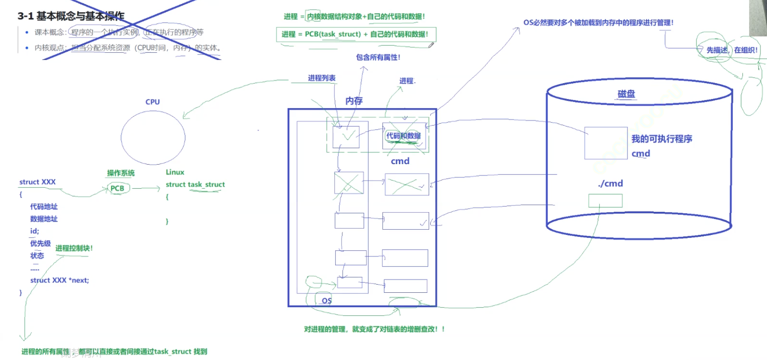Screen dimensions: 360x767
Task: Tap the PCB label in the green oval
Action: tap(117, 189)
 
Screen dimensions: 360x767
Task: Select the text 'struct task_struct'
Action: tap(195, 185)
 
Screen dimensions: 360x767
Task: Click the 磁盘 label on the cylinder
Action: tap(627, 94)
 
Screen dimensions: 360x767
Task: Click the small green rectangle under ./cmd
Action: tap(605, 201)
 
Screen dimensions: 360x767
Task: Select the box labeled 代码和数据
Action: tap(404, 136)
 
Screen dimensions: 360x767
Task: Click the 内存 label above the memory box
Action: tap(354, 101)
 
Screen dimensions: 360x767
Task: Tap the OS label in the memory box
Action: tap(327, 301)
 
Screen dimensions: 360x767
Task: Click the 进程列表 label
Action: tap(321, 78)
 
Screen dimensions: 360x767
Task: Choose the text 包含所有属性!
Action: tap(378, 57)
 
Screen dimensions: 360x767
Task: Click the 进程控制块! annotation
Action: tap(74, 248)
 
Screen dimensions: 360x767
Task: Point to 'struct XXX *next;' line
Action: tap(59, 280)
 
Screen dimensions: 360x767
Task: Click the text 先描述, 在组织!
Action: tap(729, 50)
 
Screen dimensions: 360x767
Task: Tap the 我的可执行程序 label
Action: tap(662, 139)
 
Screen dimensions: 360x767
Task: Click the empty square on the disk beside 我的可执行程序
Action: tap(605, 143)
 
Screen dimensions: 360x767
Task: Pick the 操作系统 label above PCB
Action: tap(120, 173)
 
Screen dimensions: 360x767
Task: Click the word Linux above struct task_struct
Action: tap(175, 172)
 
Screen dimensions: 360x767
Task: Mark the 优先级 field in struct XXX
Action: tap(41, 243)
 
